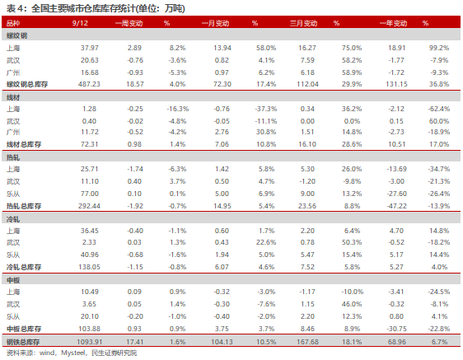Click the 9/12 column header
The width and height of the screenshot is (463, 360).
pos(80,23)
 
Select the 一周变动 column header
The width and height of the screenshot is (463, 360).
pos(129,23)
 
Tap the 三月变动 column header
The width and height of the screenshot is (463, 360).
pos(303,23)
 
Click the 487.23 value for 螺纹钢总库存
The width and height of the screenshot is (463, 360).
pos(89,84)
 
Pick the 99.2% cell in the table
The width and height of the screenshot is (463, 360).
pos(439,48)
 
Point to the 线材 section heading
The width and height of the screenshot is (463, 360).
pos(13,97)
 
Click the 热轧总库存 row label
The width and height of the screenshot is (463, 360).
pos(24,206)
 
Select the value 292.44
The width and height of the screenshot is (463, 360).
pos(89,206)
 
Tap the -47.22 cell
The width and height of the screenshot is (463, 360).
pos(396,206)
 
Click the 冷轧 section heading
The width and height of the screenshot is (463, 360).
pos(13,219)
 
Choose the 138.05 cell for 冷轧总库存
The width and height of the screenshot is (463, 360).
pos(89,267)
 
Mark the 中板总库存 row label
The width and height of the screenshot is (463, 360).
pos(24,329)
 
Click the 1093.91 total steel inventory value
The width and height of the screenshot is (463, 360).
pos(90,342)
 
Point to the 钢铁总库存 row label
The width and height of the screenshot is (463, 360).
pos(23,342)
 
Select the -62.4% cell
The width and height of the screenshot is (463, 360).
pos(439,109)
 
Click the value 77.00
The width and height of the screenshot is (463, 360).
pos(90,194)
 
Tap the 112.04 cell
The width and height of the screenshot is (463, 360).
pos(307,84)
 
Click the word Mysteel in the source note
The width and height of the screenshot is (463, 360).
pos(73,353)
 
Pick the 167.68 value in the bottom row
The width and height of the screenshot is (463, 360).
pos(307,342)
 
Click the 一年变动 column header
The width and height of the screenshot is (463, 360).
pos(393,23)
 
